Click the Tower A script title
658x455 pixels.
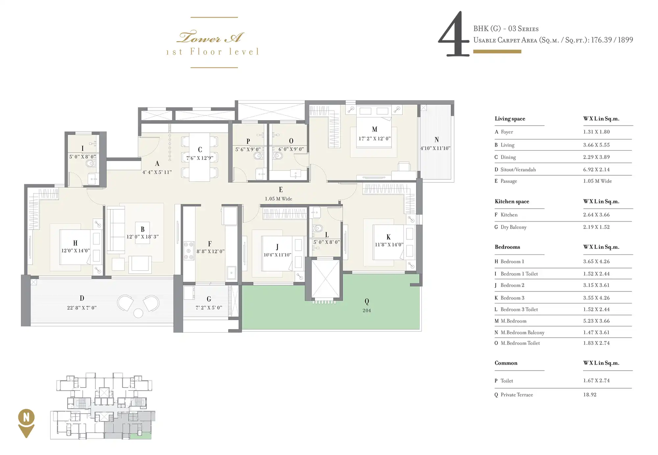coord(211,37)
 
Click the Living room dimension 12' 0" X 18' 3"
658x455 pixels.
coord(142,237)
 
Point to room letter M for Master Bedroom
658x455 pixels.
coord(374,129)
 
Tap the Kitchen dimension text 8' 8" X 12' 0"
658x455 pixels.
coord(211,251)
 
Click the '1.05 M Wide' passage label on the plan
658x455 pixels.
coord(278,199)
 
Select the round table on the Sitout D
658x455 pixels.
coord(138,313)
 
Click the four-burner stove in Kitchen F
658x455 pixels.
coord(189,251)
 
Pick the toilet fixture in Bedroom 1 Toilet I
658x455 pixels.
coord(90,163)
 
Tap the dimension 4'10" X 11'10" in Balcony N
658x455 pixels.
coord(435,148)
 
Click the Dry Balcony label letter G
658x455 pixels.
coord(209,299)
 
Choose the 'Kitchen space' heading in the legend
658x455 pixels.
coord(512,201)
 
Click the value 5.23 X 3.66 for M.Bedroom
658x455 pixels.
coord(596,321)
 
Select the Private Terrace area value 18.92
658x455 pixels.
coord(590,395)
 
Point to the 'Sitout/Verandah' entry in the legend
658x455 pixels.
coord(518,170)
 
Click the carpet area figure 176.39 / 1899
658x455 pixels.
coord(612,40)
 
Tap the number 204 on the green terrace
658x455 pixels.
coord(367,310)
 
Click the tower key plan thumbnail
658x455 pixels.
coord(103,406)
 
